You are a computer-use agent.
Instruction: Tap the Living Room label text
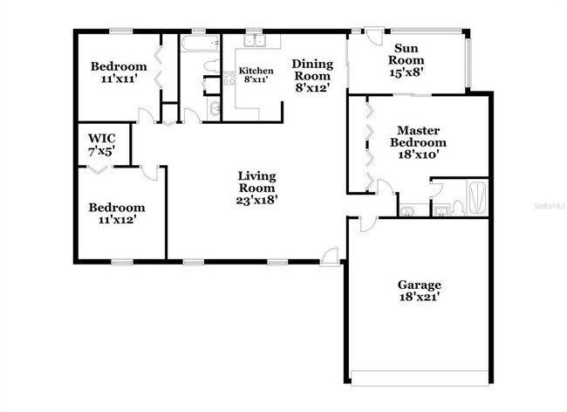coord(256,188)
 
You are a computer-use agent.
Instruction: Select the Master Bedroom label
coord(418,142)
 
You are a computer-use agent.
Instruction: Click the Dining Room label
coord(311,75)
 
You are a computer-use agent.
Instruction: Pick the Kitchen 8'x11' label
coord(256,75)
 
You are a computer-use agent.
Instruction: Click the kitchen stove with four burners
coord(229,78)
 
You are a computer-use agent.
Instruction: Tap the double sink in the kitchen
coord(255,40)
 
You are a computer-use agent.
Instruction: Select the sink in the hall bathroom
coord(215,109)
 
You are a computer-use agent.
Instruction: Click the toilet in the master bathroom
coord(441,208)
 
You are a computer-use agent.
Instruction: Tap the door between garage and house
coord(366,223)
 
